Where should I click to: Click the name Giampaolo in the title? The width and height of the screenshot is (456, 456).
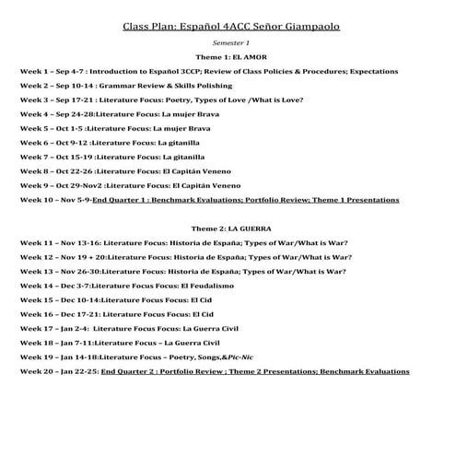305,26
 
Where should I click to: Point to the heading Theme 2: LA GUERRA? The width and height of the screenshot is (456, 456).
230,227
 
